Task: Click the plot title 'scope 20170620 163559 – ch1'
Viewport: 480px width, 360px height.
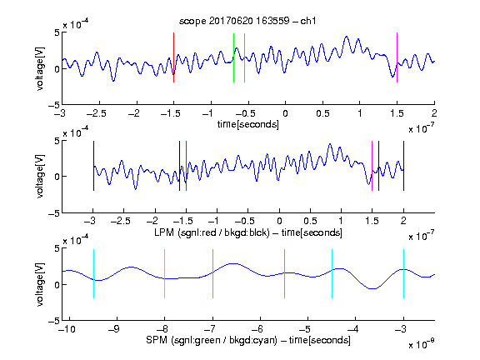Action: pos(247,21)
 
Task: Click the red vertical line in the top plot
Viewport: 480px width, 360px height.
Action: pos(173,57)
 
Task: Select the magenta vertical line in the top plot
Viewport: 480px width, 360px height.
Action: pos(397,57)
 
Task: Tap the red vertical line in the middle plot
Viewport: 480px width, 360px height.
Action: pos(186,166)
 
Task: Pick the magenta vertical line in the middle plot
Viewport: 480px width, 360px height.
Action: pos(372,166)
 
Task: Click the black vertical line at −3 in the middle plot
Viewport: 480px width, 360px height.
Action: pos(93,166)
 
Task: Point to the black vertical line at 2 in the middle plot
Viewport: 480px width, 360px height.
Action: pos(403,166)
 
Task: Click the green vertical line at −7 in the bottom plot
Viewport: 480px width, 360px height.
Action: pos(212,273)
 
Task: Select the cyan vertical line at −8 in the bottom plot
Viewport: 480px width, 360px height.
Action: pos(165,273)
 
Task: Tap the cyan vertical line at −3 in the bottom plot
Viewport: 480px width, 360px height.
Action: pos(403,273)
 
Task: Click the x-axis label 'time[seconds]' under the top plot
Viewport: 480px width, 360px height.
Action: pos(248,124)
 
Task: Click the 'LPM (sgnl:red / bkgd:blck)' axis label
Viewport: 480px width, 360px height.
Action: pos(212,232)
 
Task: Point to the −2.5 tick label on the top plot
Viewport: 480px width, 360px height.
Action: pos(97,113)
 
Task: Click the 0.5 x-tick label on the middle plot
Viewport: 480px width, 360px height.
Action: pos(310,221)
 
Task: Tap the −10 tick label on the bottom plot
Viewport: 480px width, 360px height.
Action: pos(67,329)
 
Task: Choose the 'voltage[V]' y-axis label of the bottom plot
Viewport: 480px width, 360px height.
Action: pos(40,284)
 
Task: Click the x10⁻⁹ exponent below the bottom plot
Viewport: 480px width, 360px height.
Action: pos(421,344)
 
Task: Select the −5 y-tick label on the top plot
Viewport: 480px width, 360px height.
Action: pos(54,105)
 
